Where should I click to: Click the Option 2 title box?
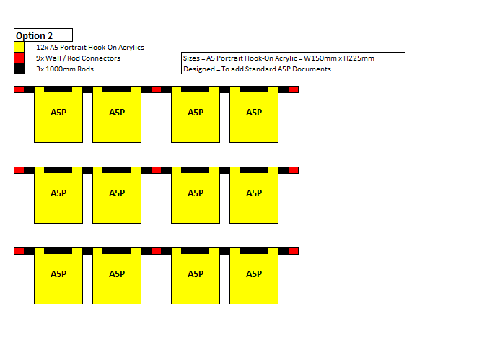pyautogui.click(x=43, y=35)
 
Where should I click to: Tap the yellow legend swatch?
pyautogui.click(x=19, y=47)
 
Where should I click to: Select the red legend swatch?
pyautogui.click(x=19, y=58)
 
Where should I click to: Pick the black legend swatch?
pyautogui.click(x=19, y=69)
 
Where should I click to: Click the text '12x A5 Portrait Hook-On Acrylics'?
pyautogui.click(x=90, y=47)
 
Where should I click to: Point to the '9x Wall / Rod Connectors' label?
pyautogui.click(x=78, y=58)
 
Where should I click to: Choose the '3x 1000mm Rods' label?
pyautogui.click(x=65, y=69)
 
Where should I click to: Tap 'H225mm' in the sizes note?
pyautogui.click(x=359, y=58)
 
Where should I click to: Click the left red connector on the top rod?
pyautogui.click(x=19, y=89)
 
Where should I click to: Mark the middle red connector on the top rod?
pyautogui.click(x=157, y=89)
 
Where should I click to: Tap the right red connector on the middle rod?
pyautogui.click(x=294, y=170)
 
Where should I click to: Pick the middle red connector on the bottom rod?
pyautogui.click(x=157, y=251)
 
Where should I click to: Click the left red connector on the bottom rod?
pyautogui.click(x=19, y=251)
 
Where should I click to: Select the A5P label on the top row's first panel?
pyautogui.click(x=58, y=112)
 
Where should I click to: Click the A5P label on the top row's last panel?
pyautogui.click(x=254, y=112)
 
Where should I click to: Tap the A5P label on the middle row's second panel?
pyautogui.click(x=117, y=193)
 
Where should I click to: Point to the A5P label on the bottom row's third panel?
pyautogui.click(x=196, y=273)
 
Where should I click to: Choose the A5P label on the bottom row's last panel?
pyautogui.click(x=254, y=273)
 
